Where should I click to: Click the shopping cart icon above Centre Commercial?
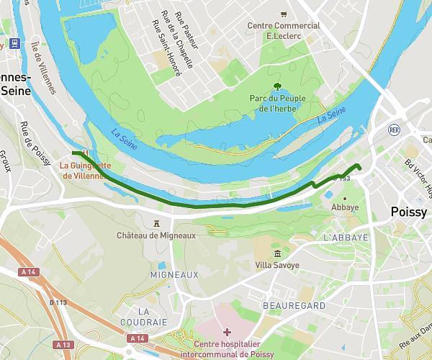point(284,14)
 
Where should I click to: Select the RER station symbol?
point(394,130)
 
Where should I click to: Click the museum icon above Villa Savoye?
point(278,253)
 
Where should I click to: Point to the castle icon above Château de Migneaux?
point(156,223)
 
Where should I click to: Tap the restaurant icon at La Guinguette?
point(86,153)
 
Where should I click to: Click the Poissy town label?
point(408,212)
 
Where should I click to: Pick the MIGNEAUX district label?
point(174,275)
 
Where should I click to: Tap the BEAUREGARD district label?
point(295,306)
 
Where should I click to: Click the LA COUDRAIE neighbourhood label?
point(152,317)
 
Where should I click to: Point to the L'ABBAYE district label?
point(346,238)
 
